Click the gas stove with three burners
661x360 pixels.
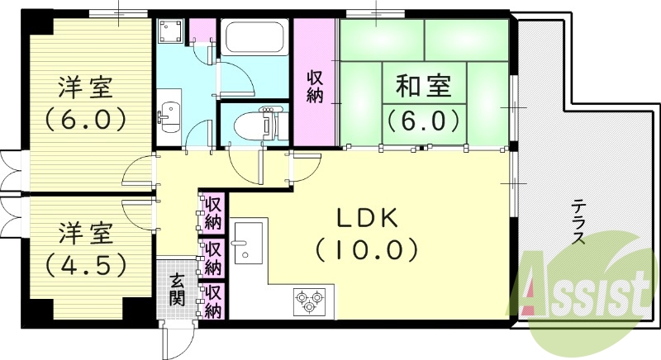[x=309, y=300]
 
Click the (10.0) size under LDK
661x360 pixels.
[x=367, y=248]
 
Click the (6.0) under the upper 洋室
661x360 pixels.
[x=85, y=117]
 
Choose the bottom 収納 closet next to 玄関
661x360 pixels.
[x=212, y=301]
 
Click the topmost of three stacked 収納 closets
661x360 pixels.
[x=212, y=213]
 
